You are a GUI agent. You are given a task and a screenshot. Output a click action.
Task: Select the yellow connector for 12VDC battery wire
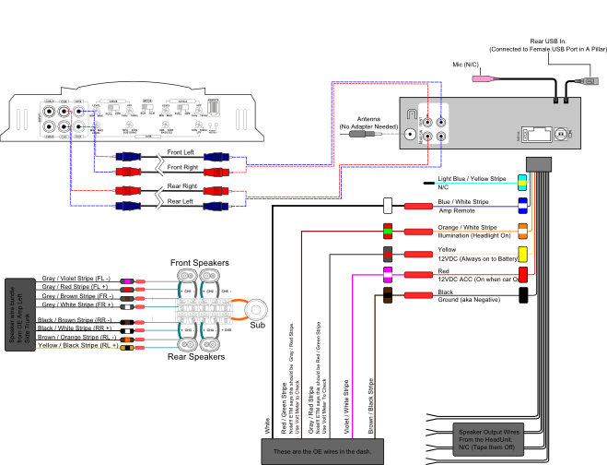pyautogui.click(x=522, y=253)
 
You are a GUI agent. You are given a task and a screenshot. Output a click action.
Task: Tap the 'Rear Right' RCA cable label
pyautogui.click(x=181, y=185)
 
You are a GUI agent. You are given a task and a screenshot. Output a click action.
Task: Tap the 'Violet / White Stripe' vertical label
pyautogui.click(x=345, y=406)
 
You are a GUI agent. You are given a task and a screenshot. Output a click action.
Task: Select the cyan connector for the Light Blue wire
pyautogui.click(x=522, y=181)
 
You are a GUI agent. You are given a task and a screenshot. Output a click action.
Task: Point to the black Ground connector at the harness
pyautogui.click(x=522, y=295)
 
